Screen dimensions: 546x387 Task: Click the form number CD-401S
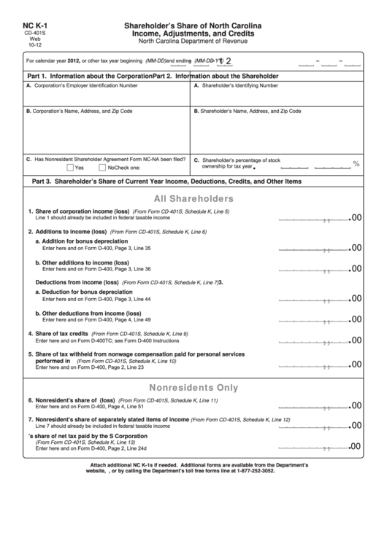click(x=34, y=34)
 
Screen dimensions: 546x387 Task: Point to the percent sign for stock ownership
click(x=356, y=164)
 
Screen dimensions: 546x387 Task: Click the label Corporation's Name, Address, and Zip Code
click(x=80, y=112)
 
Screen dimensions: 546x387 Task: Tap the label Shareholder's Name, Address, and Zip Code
click(x=248, y=112)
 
